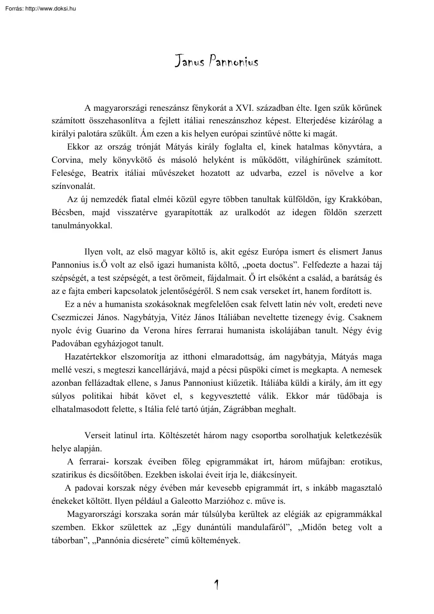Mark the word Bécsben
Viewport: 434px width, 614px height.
(x=69, y=213)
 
